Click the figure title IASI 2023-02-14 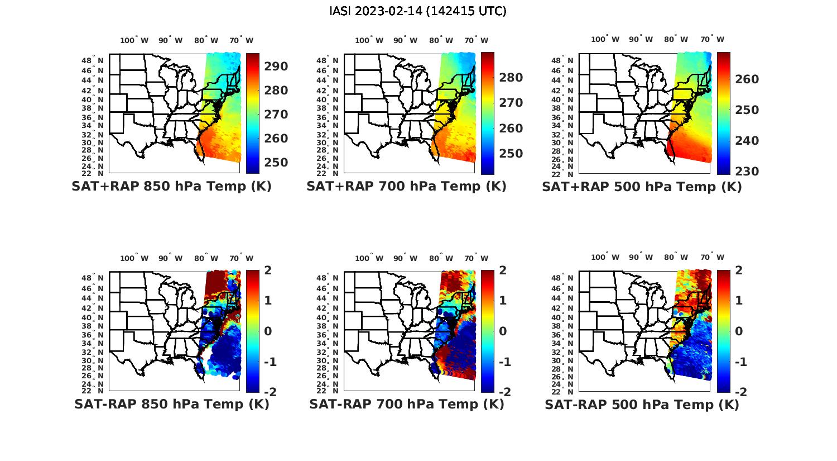point(418,11)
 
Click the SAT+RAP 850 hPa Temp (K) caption point(171,187)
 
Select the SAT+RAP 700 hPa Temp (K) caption point(406,187)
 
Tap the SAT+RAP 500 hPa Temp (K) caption point(642,187)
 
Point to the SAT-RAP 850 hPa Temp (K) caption point(171,404)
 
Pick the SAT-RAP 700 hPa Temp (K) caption point(406,404)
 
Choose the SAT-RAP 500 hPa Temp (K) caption point(642,405)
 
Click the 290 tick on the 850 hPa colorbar point(276,66)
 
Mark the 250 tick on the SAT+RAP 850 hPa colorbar point(276,163)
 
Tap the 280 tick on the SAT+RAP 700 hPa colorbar point(511,78)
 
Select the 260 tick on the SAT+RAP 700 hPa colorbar point(511,129)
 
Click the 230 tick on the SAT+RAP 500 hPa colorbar point(747,172)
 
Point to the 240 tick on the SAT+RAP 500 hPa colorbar point(747,141)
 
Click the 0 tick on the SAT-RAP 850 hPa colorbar point(267,331)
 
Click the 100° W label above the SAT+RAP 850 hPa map point(134,40)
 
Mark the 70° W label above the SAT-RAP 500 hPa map point(713,258)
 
